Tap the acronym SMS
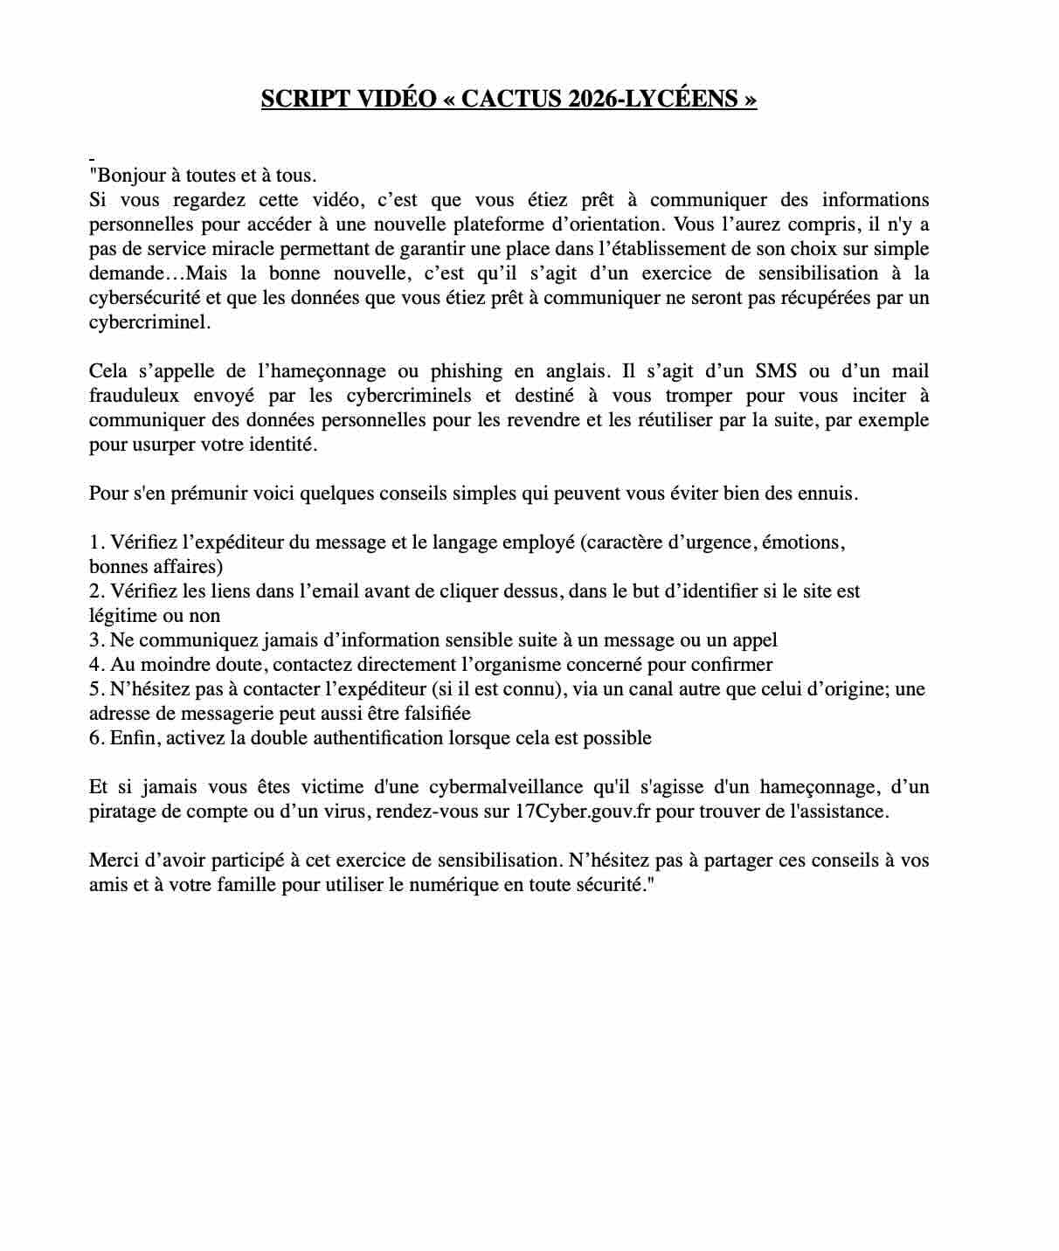tap(776, 371)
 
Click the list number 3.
tap(95, 640)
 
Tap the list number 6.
tap(95, 738)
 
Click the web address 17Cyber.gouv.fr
tap(583, 812)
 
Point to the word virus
tap(349, 812)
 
